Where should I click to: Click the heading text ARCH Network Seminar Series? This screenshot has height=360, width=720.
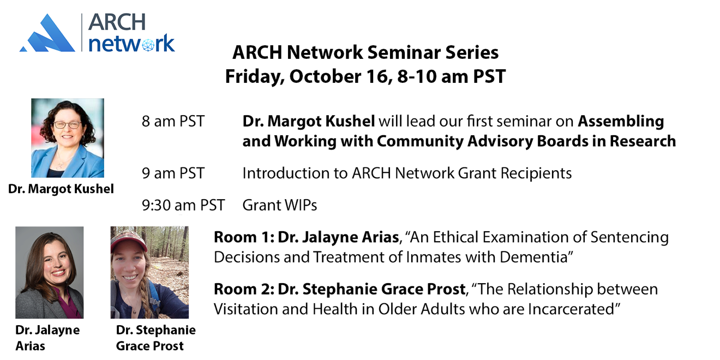click(x=365, y=52)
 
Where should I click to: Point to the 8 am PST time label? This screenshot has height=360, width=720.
click(x=173, y=122)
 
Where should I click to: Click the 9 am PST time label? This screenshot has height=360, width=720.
click(x=173, y=173)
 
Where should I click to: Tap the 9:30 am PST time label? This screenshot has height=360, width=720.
click(x=183, y=205)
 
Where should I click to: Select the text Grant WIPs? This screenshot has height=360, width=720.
click(x=280, y=205)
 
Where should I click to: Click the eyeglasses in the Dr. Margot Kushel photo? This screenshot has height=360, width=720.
click(x=67, y=125)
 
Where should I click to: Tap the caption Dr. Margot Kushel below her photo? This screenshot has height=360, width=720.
click(x=61, y=189)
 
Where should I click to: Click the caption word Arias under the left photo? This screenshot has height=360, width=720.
click(x=30, y=346)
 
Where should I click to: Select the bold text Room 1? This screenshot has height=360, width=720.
click(x=244, y=237)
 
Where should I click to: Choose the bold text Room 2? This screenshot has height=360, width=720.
click(x=244, y=289)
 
